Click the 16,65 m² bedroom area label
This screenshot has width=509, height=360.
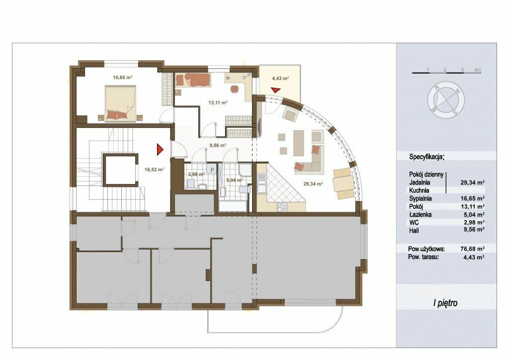[122, 78]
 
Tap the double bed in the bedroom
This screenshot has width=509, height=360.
[120, 103]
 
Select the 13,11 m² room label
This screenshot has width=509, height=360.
[218, 102]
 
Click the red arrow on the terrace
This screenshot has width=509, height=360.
[275, 90]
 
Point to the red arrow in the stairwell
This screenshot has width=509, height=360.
[160, 149]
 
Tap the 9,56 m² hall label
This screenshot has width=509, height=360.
[218, 145]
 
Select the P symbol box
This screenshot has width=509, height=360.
[212, 169]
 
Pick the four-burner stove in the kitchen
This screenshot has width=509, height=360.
[282, 206]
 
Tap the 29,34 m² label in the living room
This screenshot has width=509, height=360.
[313, 184]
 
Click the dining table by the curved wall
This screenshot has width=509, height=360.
[344, 183]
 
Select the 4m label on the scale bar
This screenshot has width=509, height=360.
[477, 70]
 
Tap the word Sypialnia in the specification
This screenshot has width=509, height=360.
[421, 198]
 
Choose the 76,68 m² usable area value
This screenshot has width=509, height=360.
[473, 249]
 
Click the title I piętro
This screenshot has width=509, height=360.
[445, 303]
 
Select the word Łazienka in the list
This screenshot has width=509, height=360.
[421, 214]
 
